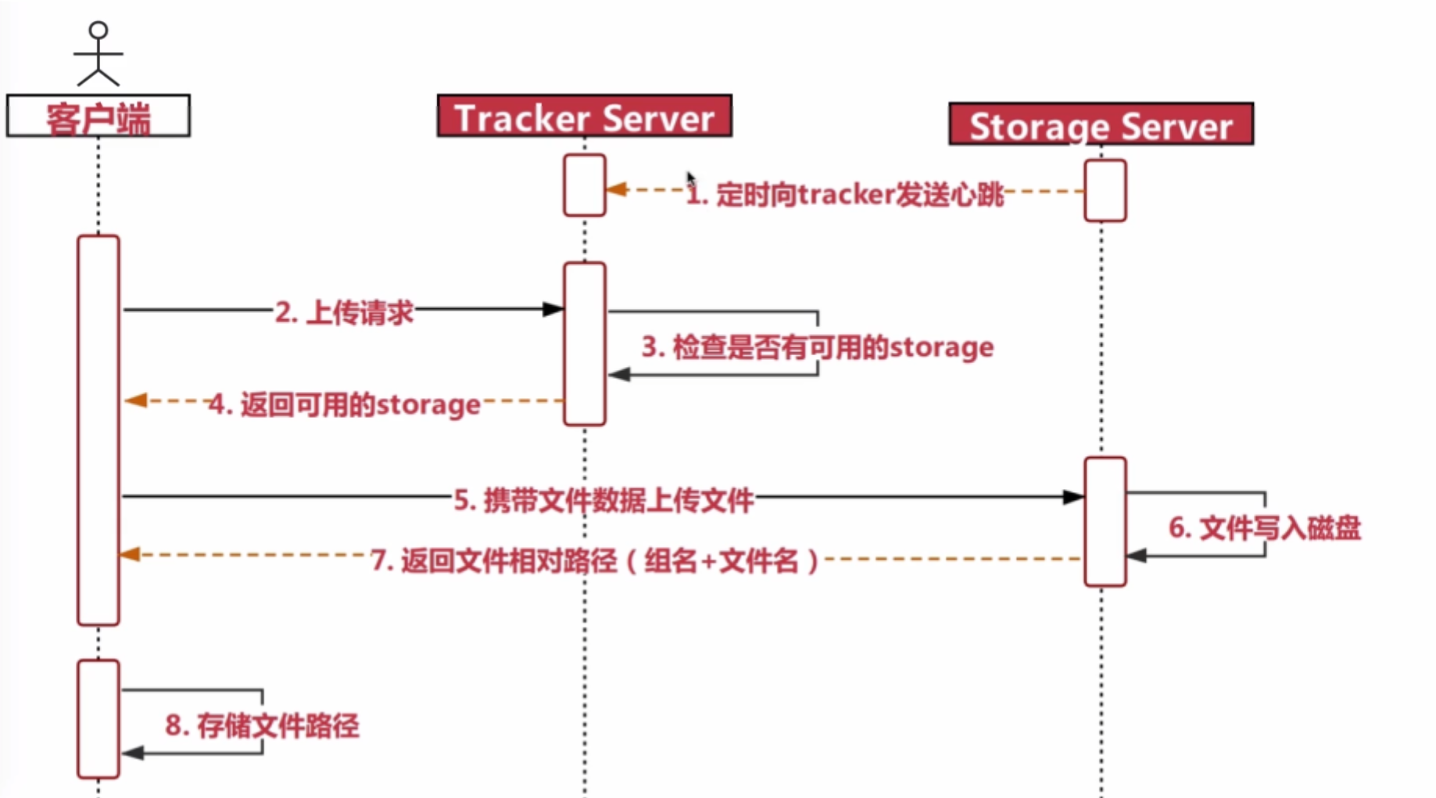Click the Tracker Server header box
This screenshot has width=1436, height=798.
point(584,117)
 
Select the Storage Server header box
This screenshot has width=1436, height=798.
point(1101,124)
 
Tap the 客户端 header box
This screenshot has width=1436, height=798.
point(98,117)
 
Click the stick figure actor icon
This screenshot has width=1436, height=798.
point(98,53)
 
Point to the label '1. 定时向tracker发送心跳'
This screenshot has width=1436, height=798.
point(844,193)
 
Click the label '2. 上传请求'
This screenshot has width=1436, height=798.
point(344,312)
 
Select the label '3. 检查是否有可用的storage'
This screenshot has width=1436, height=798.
point(817,347)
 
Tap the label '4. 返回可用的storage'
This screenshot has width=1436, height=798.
point(345,404)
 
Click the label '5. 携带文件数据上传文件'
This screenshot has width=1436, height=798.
point(603,499)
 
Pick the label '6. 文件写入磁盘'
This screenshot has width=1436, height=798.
point(1264,527)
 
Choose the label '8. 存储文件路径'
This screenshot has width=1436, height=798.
point(262,725)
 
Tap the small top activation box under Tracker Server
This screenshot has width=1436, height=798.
point(584,185)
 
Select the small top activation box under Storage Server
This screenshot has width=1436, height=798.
point(1105,191)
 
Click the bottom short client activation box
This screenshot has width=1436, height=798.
point(98,718)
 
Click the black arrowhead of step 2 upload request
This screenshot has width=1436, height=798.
point(553,309)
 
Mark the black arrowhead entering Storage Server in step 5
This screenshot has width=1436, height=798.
point(1073,497)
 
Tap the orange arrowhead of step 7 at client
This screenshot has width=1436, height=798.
point(130,555)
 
